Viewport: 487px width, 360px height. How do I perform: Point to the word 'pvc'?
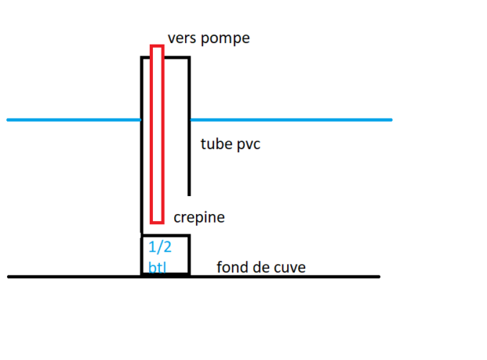click(x=249, y=144)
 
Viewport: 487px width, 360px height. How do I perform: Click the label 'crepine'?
click(x=199, y=217)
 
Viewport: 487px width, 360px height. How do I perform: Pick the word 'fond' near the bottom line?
click(x=233, y=268)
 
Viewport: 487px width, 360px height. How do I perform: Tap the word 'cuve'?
click(x=287, y=268)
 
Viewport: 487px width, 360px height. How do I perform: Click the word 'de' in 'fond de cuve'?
click(x=260, y=268)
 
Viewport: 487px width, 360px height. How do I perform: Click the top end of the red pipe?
click(x=157, y=48)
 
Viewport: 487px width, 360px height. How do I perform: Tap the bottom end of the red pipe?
click(x=157, y=222)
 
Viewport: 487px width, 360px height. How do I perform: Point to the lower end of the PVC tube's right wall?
click(x=189, y=193)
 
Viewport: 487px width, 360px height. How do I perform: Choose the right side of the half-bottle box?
click(x=189, y=255)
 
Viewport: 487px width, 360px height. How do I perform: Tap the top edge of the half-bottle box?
click(x=165, y=235)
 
